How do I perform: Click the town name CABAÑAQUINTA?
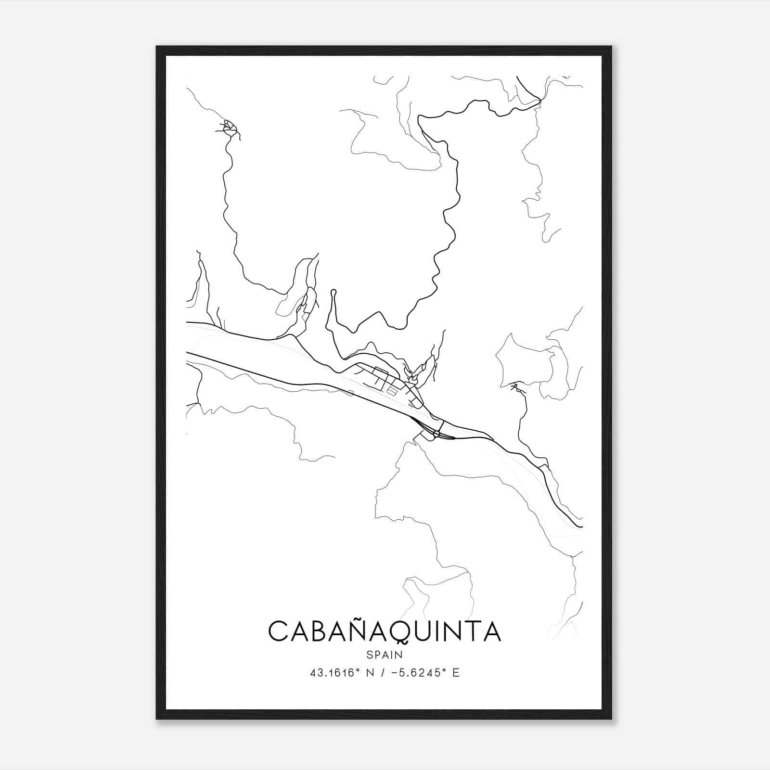click(x=385, y=631)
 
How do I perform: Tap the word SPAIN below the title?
click(x=385, y=654)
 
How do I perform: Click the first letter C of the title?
click(x=278, y=631)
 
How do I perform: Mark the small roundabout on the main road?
click(x=436, y=435)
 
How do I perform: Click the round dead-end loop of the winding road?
click(x=333, y=292)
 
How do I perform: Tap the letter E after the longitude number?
click(x=456, y=673)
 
